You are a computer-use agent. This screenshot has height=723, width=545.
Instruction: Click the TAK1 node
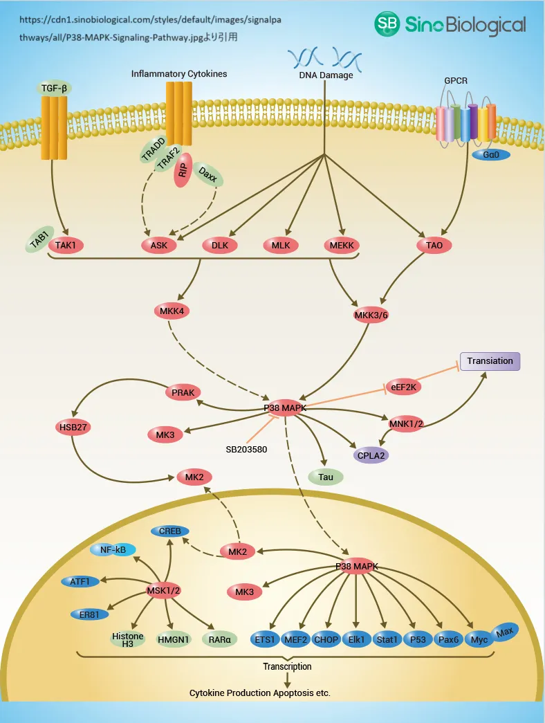tap(66, 244)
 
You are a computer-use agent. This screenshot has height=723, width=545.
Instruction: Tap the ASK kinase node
tap(159, 245)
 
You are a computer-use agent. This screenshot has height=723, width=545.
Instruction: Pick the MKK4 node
tap(172, 311)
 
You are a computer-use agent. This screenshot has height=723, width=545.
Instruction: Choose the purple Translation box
tap(490, 361)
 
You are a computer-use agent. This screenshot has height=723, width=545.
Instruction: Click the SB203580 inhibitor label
tap(246, 449)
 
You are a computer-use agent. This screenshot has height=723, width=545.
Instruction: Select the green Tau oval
tap(326, 477)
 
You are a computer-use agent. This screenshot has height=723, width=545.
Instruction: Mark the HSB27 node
tap(73, 427)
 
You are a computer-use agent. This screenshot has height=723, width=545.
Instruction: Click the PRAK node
tap(183, 393)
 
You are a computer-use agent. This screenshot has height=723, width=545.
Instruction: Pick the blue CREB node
tap(170, 531)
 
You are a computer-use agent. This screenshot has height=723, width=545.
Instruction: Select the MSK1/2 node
tap(164, 590)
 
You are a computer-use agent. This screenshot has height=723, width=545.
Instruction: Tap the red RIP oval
tap(183, 172)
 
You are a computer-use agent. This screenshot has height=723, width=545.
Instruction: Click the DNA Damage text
tap(326, 75)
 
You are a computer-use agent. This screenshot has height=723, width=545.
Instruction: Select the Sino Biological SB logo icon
tap(388, 25)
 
